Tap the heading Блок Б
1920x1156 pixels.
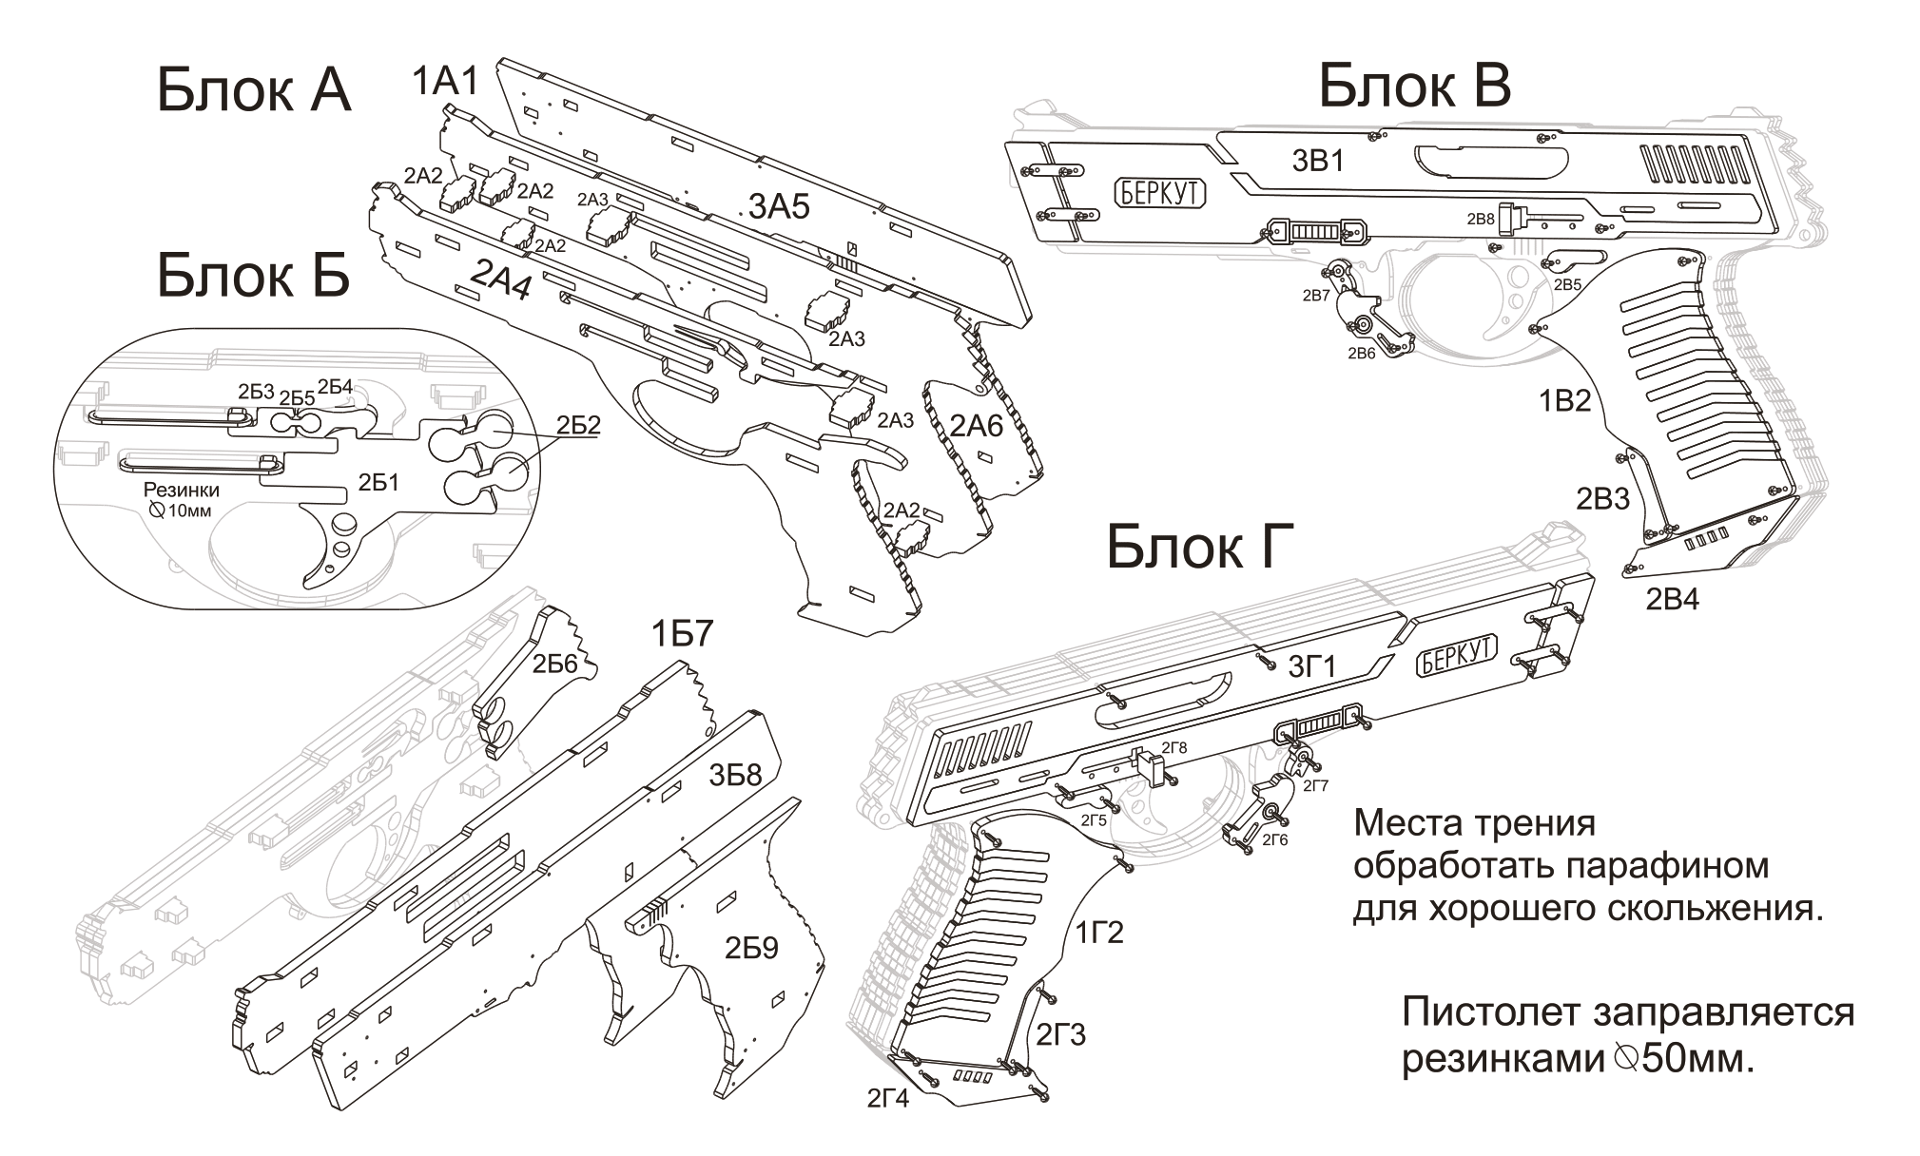254,276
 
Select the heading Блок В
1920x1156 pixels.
1414,87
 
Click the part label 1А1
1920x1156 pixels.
444,83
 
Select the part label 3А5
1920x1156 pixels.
780,205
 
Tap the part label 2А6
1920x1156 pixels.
977,426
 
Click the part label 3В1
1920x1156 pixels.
1317,162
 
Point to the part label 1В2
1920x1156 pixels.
1564,400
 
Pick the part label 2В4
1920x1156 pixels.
1673,599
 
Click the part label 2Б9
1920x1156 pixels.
751,948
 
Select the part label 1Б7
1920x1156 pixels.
682,634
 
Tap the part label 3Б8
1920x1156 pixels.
735,776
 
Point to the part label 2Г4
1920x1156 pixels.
887,1098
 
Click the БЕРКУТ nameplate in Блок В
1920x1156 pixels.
1159,194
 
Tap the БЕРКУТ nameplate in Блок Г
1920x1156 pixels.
1457,655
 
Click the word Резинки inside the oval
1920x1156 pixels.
181,491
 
